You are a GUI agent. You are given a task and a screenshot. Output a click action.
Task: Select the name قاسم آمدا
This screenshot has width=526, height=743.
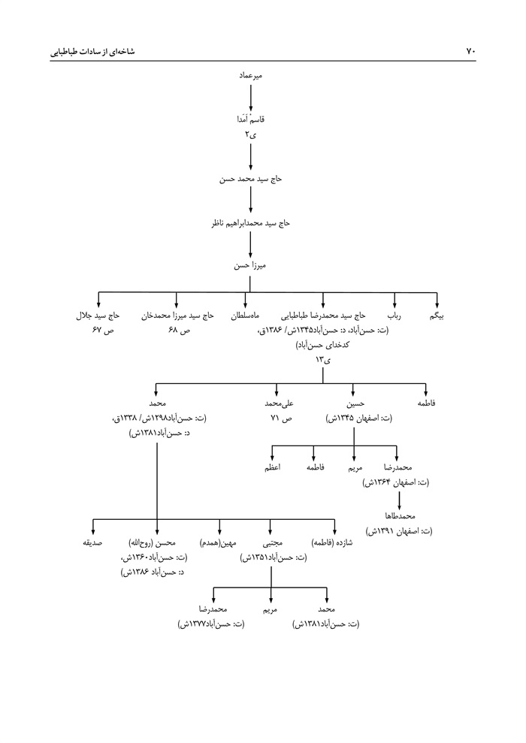250,119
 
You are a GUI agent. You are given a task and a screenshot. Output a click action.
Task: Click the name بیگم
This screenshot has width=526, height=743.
436,317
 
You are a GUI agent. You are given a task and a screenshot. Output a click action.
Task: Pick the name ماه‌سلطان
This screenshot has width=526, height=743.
245,317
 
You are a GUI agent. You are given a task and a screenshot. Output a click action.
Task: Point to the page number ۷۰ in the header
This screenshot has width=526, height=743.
471,52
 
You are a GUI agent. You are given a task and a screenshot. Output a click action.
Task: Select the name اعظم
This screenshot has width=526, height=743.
273,468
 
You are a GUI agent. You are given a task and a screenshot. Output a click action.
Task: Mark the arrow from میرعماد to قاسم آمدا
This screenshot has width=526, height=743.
249,97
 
